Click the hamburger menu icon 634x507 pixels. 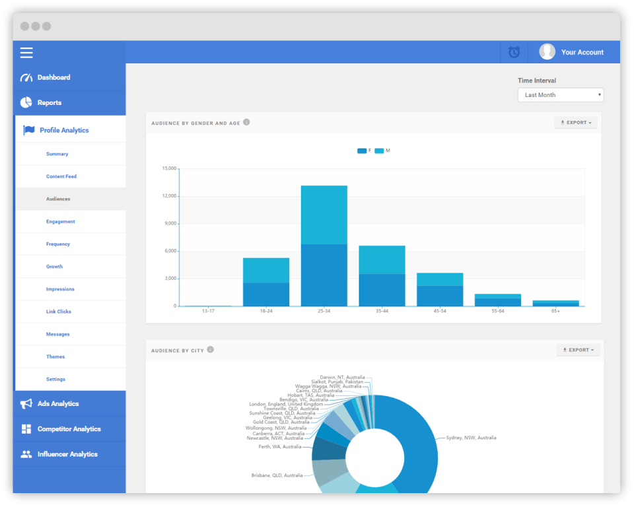click(x=26, y=53)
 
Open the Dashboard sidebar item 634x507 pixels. click(x=53, y=77)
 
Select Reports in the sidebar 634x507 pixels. click(x=50, y=103)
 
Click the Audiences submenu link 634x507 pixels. click(x=58, y=199)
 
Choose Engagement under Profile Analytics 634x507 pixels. click(x=61, y=222)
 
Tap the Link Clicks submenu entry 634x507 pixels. click(x=59, y=312)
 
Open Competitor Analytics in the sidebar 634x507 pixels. click(x=69, y=429)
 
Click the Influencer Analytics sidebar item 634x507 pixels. click(x=67, y=454)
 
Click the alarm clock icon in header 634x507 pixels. click(x=514, y=52)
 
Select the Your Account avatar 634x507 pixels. click(x=547, y=51)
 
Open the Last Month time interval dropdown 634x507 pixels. click(x=560, y=95)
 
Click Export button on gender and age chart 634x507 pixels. click(x=577, y=123)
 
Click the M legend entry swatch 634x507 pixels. click(x=379, y=151)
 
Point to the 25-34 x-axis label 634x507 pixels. click(x=324, y=310)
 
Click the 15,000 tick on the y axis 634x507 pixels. click(x=169, y=168)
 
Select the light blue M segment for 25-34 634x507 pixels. click(x=324, y=215)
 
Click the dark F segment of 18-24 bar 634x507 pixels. click(x=266, y=294)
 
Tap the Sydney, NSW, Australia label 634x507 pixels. click(x=471, y=438)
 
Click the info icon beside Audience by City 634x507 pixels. click(x=210, y=350)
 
